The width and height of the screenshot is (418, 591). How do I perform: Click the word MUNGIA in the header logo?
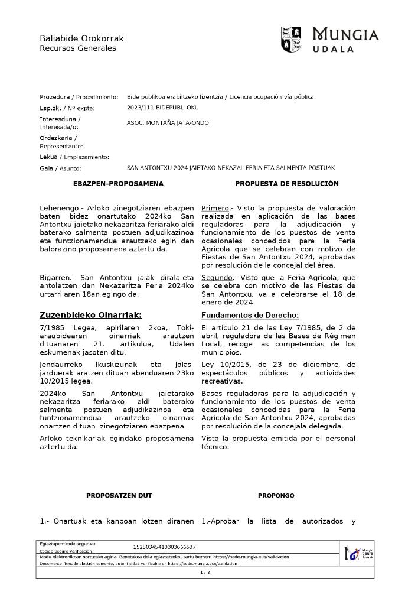click(x=345, y=35)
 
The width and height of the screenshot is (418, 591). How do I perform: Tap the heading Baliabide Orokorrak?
click(x=81, y=38)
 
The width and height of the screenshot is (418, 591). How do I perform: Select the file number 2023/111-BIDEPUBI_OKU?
click(x=163, y=108)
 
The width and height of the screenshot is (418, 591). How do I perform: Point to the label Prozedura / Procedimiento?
click(x=79, y=97)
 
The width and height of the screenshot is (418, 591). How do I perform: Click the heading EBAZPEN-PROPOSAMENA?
click(x=118, y=184)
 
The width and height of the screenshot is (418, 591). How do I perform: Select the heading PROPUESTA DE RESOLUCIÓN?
click(x=286, y=184)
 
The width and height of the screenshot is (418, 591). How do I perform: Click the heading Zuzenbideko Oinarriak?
click(x=90, y=315)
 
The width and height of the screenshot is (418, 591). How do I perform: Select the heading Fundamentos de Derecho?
click(x=250, y=315)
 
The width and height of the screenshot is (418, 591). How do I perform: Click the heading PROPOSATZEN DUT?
click(x=119, y=495)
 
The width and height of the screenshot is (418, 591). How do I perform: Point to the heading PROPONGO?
click(x=276, y=495)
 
